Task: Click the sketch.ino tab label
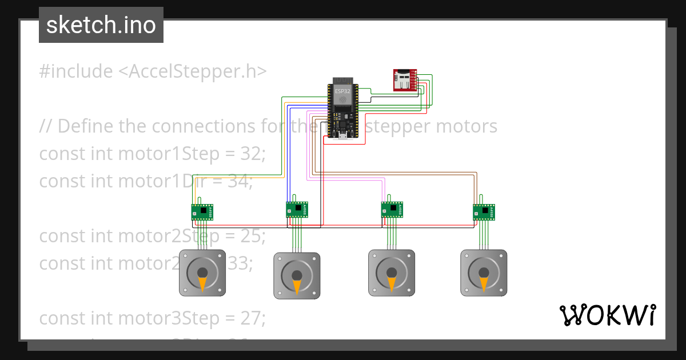101,25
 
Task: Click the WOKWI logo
607,315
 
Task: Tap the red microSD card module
405,80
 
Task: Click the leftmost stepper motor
202,273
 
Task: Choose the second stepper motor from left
297,275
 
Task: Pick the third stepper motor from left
391,273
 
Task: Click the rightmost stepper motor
484,273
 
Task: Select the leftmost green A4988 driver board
202,212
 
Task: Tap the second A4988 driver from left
297,209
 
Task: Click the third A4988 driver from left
392,210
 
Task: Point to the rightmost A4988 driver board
484,212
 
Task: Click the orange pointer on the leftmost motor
202,283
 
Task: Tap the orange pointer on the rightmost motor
484,283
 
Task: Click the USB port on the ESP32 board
342,136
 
